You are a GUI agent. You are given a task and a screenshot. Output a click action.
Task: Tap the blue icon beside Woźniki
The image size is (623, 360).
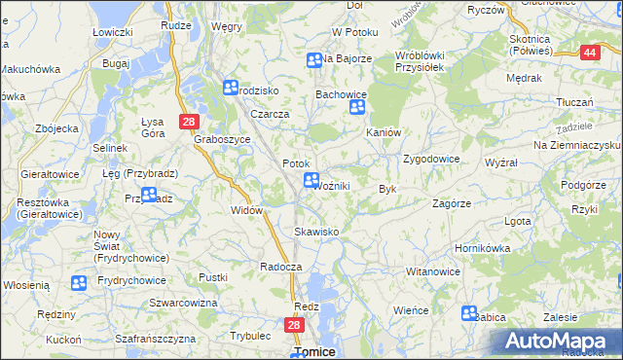[311, 180]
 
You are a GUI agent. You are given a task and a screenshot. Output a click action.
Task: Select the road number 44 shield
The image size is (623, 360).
[590, 53]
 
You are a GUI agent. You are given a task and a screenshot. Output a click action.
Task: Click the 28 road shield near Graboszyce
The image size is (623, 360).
[189, 121]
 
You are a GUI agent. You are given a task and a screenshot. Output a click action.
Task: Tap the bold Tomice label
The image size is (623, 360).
[314, 352]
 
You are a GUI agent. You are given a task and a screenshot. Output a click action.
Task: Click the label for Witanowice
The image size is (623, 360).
[432, 271]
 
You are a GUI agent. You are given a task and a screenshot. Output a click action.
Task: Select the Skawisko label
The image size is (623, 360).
[316, 232]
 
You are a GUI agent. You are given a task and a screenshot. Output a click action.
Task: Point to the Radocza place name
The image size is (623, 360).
[282, 266]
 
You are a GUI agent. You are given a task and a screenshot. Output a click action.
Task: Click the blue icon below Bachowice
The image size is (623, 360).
[356, 111]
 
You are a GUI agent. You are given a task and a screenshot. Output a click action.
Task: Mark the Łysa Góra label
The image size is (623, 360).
[153, 127]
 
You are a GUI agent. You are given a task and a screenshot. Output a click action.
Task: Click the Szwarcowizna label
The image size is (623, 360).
[183, 303]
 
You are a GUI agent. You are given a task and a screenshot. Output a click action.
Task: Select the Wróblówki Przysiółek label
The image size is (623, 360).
[420, 61]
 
